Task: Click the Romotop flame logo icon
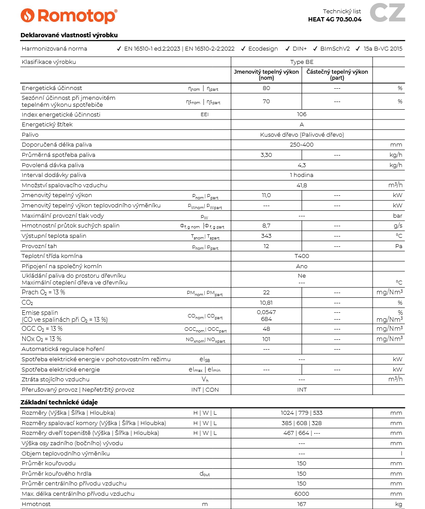[x=28, y=16]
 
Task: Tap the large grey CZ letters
[x=387, y=13]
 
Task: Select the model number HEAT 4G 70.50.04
[x=335, y=19]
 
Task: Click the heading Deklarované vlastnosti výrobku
[x=69, y=35]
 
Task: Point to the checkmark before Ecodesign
[x=243, y=49]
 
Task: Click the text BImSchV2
[x=335, y=49]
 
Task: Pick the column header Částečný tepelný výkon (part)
[x=337, y=75]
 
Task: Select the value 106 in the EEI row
[x=302, y=114]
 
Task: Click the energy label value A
[x=302, y=125]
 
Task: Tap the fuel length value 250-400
[x=302, y=145]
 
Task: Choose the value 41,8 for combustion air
[x=302, y=186]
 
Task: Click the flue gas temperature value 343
[x=266, y=236]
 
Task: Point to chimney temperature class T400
[x=302, y=256]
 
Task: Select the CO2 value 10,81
[x=266, y=303]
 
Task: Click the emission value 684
[x=266, y=320]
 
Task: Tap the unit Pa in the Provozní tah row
[x=398, y=246]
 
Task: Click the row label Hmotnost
[x=36, y=504]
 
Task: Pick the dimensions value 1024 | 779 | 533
[x=302, y=413]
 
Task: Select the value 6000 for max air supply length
[x=302, y=494]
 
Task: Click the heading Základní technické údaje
[x=59, y=402]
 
